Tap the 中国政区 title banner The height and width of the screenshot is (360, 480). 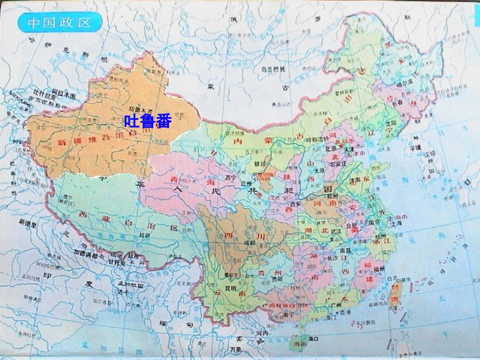(59, 22)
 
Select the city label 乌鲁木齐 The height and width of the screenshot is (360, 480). (140, 109)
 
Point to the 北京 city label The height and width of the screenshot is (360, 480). (330, 149)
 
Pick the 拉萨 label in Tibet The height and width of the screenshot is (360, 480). (145, 235)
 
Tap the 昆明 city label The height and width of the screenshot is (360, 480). (230, 288)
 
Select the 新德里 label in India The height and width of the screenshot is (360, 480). (28, 222)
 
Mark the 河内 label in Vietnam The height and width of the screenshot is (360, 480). (261, 334)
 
